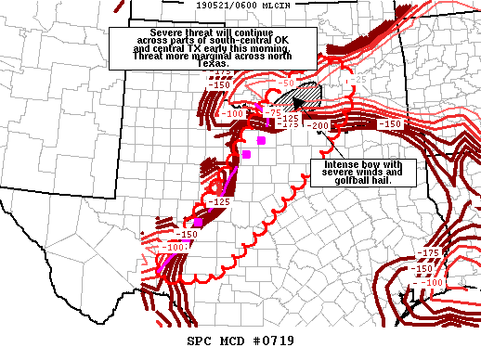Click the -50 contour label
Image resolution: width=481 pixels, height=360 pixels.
[288, 84]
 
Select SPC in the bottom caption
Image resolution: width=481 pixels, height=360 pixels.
[201, 341]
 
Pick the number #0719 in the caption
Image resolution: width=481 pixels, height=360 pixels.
[278, 341]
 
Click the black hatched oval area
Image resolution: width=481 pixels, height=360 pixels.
[307, 98]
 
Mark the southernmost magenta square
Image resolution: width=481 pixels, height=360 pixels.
[198, 223]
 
